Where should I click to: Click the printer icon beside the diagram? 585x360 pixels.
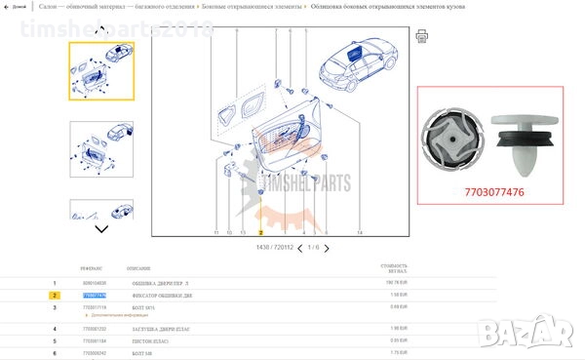pos(421,36)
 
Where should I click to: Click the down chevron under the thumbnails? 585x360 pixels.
pos(101,229)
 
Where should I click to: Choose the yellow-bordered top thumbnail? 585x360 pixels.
pos(101,71)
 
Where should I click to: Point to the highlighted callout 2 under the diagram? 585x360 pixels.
pos(260,234)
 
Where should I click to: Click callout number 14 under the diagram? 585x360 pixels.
pos(360,234)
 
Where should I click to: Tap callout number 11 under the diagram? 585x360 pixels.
pos(215,234)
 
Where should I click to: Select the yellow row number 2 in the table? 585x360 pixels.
pos(56,294)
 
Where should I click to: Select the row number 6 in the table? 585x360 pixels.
pos(56,352)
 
